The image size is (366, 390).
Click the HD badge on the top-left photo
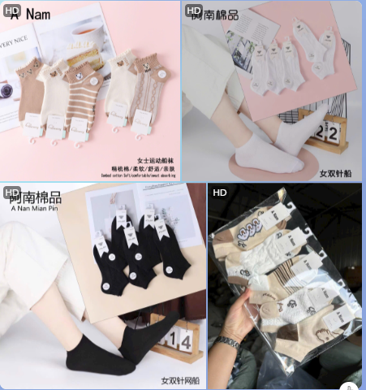(11, 11)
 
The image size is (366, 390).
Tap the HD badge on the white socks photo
(193, 11)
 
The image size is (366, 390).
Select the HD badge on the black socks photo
(11, 193)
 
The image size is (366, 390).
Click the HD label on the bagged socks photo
(219, 193)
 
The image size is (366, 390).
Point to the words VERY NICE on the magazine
(15, 38)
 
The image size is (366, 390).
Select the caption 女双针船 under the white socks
(335, 173)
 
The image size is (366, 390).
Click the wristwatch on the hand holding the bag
(229, 343)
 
